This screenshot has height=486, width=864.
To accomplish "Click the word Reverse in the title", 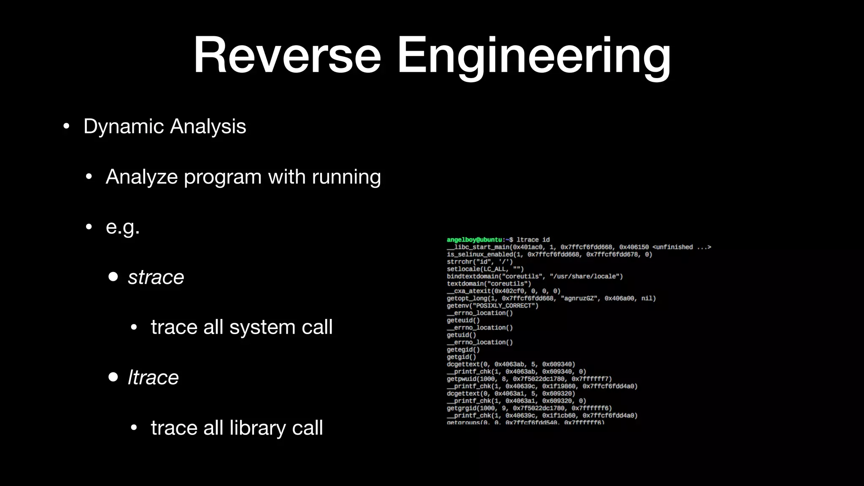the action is pyautogui.click(x=287, y=56).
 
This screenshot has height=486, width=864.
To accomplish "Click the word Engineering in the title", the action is pyautogui.click(x=534, y=56).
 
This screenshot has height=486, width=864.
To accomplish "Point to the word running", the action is pyautogui.click(x=346, y=176).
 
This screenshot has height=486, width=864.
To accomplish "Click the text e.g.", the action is pyautogui.click(x=122, y=227).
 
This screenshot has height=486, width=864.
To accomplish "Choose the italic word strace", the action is pyautogui.click(x=156, y=277).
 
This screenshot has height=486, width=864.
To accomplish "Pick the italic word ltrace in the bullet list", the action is pyautogui.click(x=153, y=377).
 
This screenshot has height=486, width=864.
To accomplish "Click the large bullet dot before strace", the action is pyautogui.click(x=113, y=277).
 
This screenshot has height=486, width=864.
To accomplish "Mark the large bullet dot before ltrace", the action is pyautogui.click(x=113, y=377).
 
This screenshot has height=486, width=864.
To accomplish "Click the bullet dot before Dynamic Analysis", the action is pyautogui.click(x=66, y=127).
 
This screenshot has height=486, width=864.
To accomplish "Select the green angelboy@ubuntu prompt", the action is pyautogui.click(x=475, y=240).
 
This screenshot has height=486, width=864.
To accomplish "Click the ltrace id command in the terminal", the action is pyautogui.click(x=533, y=240).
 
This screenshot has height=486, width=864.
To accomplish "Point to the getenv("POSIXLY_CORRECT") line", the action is pyautogui.click(x=492, y=305).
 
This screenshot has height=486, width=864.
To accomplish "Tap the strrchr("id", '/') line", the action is pyautogui.click(x=480, y=262).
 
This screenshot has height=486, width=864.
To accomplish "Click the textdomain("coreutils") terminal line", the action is pyautogui.click(x=489, y=283).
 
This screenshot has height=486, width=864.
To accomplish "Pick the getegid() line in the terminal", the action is pyautogui.click(x=463, y=349).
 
